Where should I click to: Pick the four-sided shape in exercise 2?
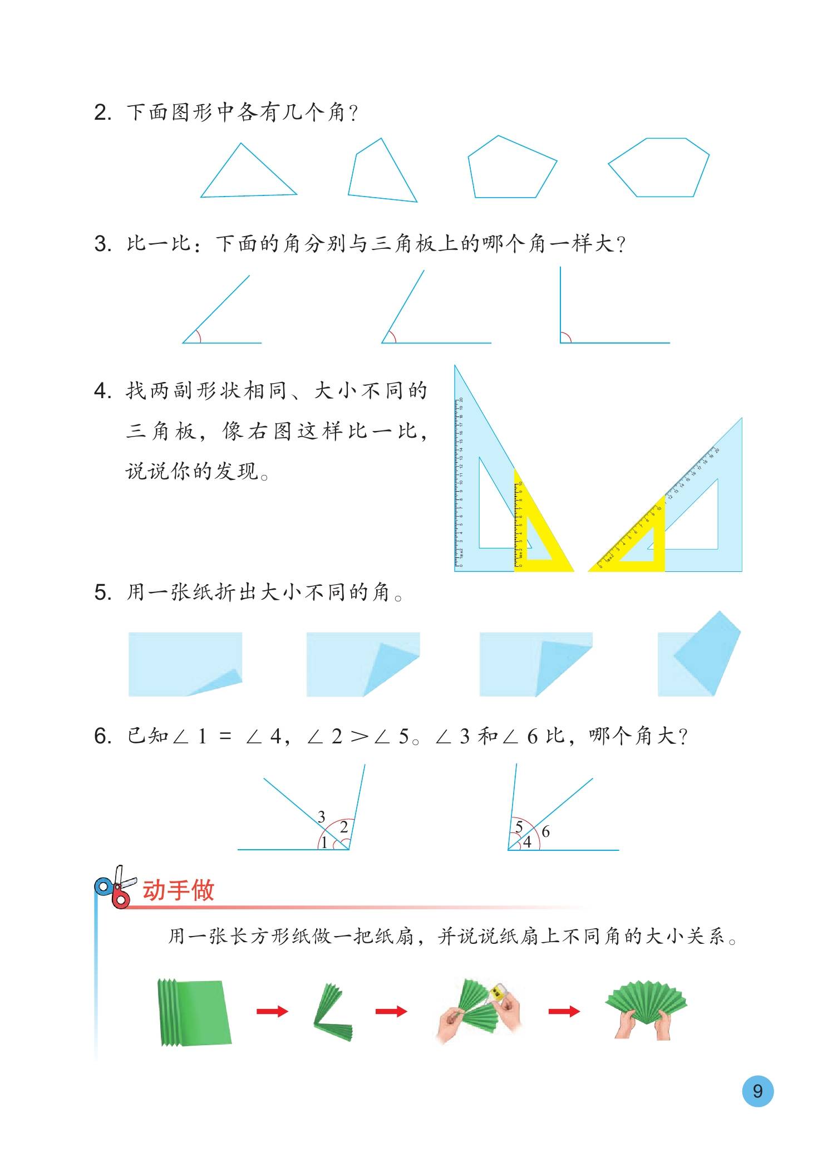coord(381,173)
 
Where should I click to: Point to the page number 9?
coord(757,1090)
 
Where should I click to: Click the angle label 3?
coord(321,817)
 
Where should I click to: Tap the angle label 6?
coord(545,832)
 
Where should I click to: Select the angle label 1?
coord(324,842)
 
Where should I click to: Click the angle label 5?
coord(519,827)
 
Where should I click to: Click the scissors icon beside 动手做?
coord(116,888)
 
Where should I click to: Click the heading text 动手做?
coord(178,890)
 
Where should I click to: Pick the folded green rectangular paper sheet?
coord(194,1011)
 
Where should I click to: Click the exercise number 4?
coord(102,392)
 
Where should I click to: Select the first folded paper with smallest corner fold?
coord(185,664)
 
